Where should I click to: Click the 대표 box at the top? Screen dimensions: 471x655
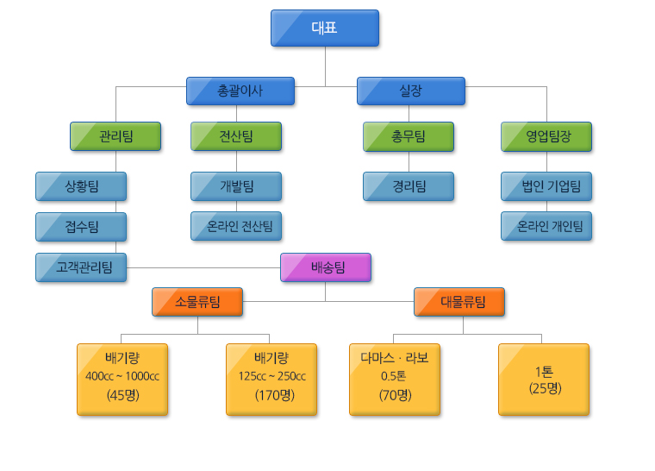pos(324,28)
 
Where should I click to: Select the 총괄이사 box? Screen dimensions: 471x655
pos(240,91)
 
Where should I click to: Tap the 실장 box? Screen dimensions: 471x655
pos(411,91)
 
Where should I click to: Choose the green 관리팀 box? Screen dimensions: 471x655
pos(115,136)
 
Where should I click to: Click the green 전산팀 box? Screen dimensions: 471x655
pos(236,136)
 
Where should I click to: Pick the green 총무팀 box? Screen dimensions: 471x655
pos(409,136)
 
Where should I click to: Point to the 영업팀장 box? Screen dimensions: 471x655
pos(546,136)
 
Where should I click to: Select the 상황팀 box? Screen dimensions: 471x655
pos(81,186)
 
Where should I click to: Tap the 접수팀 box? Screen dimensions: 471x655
pos(81,227)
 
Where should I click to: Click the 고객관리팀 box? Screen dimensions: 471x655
pos(81,267)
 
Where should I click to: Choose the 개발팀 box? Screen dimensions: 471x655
pos(236,186)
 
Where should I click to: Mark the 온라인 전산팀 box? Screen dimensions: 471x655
pos(236,227)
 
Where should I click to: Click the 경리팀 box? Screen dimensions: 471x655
pos(409,186)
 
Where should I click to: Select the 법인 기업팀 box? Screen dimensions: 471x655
pos(546,186)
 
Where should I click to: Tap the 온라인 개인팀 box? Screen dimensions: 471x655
pos(546,227)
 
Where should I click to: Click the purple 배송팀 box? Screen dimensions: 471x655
pos(326,267)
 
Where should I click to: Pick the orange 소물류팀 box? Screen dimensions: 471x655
pos(197,302)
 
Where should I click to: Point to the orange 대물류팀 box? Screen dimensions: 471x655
pos(459,302)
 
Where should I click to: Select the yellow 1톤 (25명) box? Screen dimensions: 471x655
pos(544,380)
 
